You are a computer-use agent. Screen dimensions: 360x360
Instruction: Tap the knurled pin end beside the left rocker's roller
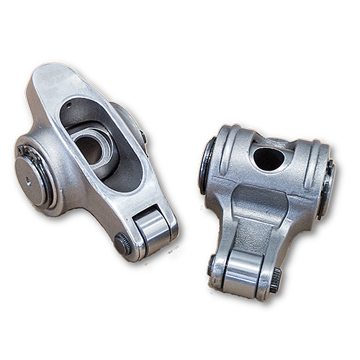click(x=123, y=244)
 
